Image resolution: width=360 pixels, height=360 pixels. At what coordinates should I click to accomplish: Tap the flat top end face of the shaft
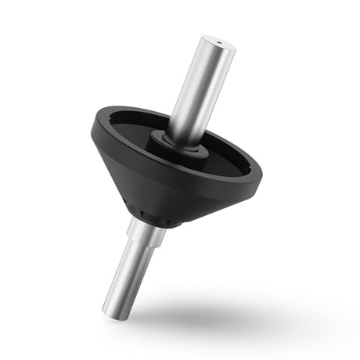pos(217,43)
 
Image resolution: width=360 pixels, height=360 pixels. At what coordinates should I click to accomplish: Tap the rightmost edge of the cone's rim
pos(263,177)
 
